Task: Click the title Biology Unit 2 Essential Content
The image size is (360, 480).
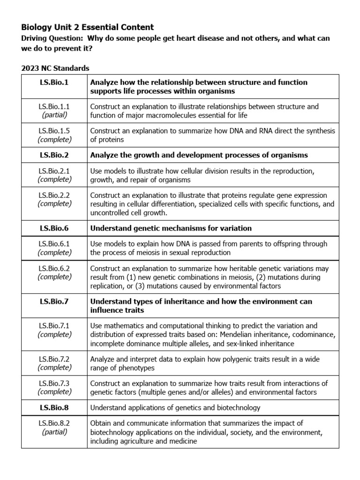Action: pyautogui.click(x=87, y=27)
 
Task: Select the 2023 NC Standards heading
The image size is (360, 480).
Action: pyautogui.click(x=55, y=68)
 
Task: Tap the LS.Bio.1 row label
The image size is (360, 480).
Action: pyautogui.click(x=54, y=82)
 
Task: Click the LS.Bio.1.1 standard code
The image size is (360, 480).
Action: pyautogui.click(x=54, y=107)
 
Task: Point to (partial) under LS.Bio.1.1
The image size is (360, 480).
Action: pyautogui.click(x=54, y=115)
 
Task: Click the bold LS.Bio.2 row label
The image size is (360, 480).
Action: pyautogui.click(x=54, y=155)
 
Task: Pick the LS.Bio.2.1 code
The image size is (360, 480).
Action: pyautogui.click(x=54, y=171)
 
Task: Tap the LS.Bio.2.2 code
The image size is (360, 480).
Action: pyautogui.click(x=54, y=195)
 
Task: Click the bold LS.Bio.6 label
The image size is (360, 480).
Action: pyautogui.click(x=54, y=228)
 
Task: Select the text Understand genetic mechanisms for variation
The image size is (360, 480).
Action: pyautogui.click(x=171, y=228)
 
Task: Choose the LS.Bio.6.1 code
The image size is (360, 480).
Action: pyautogui.click(x=54, y=244)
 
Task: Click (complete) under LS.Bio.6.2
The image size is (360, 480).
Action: pyautogui.click(x=54, y=277)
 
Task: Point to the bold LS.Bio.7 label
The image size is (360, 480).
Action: pyautogui.click(x=54, y=301)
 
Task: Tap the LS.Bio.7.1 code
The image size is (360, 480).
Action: pyautogui.click(x=54, y=326)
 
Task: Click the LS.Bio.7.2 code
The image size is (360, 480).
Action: pyautogui.click(x=54, y=359)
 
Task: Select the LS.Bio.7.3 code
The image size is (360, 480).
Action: pyautogui.click(x=54, y=383)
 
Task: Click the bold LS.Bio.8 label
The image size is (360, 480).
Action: pyautogui.click(x=54, y=407)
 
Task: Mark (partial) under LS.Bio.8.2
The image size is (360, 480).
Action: pyautogui.click(x=54, y=432)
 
